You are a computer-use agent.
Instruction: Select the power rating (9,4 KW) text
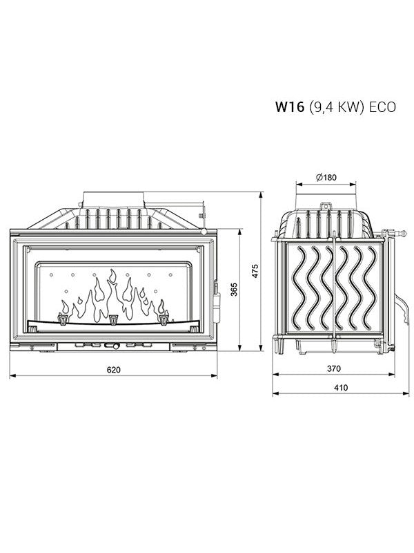click(x=337, y=107)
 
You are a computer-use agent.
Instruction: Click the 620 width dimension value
click(x=114, y=370)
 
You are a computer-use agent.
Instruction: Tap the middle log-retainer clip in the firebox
click(x=113, y=319)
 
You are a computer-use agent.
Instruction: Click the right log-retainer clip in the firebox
click(x=164, y=319)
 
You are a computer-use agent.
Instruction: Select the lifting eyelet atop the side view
click(x=325, y=205)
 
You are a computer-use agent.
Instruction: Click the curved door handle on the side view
click(x=400, y=304)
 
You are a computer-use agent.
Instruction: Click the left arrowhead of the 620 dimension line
click(x=12, y=376)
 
